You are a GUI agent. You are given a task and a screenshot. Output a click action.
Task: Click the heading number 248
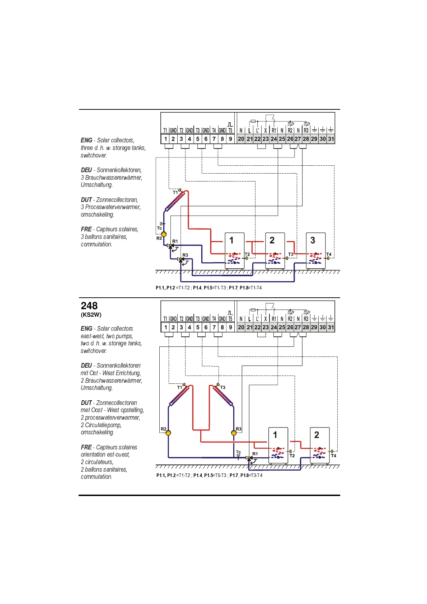tap(89, 306)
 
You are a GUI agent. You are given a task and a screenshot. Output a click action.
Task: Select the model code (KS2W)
tap(91, 315)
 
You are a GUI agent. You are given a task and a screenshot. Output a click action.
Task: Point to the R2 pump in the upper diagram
tap(164, 234)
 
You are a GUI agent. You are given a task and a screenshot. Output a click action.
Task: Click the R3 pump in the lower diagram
tap(234, 433)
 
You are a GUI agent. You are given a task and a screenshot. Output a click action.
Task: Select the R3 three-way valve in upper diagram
tap(180, 259)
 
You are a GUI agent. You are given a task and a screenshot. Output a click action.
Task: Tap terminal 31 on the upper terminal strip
tap(331, 139)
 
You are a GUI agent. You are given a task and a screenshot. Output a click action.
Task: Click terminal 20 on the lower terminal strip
tap(241, 327)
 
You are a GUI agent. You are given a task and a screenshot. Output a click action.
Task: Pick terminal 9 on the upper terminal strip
tap(230, 139)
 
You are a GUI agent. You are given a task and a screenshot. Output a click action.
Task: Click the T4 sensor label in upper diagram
tap(329, 254)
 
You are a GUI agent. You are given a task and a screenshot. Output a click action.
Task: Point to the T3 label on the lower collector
tap(223, 387)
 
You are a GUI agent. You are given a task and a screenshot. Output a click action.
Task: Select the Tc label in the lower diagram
tap(239, 452)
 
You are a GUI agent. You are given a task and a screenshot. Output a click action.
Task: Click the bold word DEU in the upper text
tap(86, 170)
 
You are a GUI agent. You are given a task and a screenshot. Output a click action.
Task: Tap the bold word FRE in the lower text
tap(86, 447)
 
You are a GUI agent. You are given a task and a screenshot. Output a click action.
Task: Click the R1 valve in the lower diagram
tap(249, 458)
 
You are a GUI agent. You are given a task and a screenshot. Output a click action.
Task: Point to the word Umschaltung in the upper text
tap(96, 185)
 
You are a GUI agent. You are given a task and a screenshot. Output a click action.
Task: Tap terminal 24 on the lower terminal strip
tap(274, 327)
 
